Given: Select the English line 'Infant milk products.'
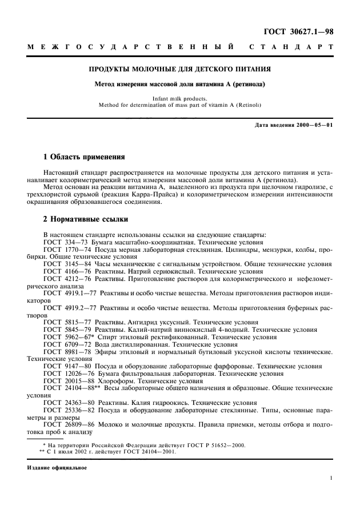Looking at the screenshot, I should [x=179, y=98].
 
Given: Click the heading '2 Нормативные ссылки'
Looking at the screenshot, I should [x=86, y=219].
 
